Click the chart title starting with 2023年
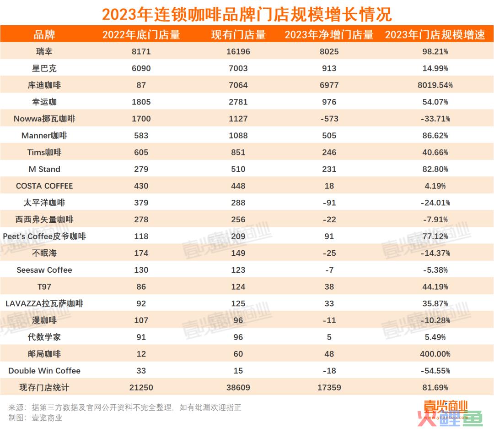tap(247, 14)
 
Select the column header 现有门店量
tap(238, 35)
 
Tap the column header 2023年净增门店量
tap(329, 35)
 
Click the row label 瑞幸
tap(44, 51)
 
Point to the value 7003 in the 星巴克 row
tap(238, 68)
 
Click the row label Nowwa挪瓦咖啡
tap(44, 119)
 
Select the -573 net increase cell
tap(329, 119)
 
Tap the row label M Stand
tap(44, 169)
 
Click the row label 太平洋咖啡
tap(44, 203)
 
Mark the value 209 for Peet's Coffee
tap(238, 236)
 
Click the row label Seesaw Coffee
tap(44, 270)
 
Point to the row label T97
tap(44, 287)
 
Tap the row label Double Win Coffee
tap(44, 371)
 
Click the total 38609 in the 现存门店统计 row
tap(238, 388)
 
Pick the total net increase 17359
tap(329, 388)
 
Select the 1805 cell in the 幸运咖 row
tap(141, 102)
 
